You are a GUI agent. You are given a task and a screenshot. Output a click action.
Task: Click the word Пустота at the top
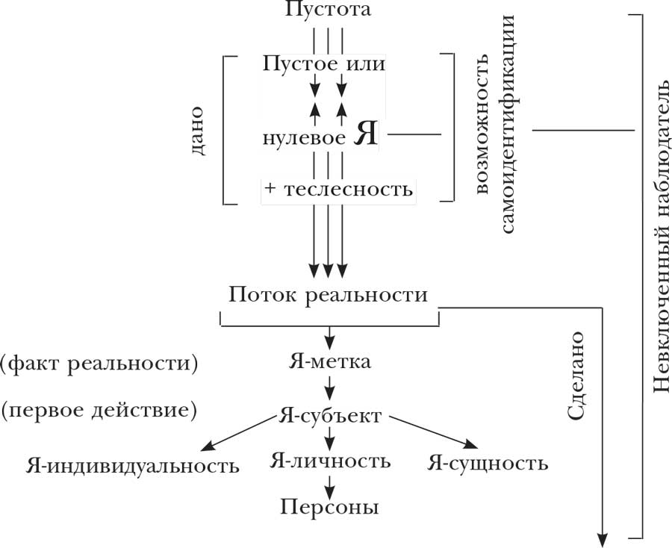(328, 10)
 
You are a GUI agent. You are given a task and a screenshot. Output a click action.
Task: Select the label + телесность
(338, 189)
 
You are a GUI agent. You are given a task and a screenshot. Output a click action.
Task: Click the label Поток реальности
(329, 295)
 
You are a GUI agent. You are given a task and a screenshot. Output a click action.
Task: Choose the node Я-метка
(329, 363)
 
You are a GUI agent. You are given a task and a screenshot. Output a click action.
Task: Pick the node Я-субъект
(329, 416)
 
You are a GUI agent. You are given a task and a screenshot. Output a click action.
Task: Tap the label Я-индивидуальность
(132, 467)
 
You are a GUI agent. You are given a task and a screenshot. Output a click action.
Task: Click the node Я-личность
(329, 461)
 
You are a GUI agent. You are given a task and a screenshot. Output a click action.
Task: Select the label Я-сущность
(488, 464)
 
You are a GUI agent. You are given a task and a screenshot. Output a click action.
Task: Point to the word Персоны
(329, 508)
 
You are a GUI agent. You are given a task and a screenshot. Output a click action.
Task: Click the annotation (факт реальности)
(99, 364)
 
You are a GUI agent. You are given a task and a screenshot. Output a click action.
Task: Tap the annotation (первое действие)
(99, 410)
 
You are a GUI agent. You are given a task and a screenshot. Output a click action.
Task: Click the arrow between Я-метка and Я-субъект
(329, 389)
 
